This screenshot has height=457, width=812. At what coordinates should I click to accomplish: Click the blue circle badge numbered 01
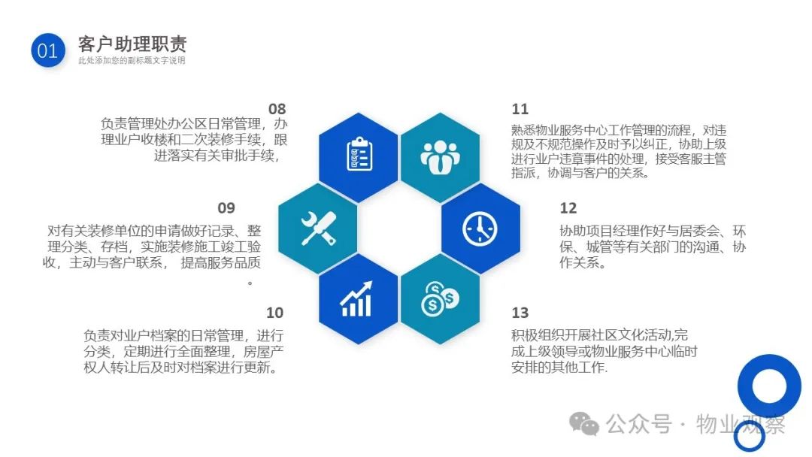tap(47, 50)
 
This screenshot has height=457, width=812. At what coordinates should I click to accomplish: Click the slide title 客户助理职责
tap(132, 44)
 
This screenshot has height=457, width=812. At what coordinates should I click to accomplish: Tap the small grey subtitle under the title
tap(132, 61)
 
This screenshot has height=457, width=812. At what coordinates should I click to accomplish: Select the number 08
tap(277, 109)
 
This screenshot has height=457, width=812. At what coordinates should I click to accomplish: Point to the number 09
tap(226, 208)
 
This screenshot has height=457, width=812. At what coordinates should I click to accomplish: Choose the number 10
tap(275, 313)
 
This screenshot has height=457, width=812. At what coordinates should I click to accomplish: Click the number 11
tap(520, 109)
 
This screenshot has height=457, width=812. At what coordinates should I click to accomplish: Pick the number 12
tap(568, 208)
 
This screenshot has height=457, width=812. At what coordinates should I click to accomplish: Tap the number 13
tap(520, 313)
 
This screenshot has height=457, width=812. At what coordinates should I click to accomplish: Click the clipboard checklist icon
tap(359, 154)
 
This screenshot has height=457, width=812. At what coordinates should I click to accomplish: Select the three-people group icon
tap(440, 157)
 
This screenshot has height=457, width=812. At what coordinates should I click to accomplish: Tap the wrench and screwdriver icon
tap(319, 228)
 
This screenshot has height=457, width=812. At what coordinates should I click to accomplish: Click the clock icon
tap(480, 228)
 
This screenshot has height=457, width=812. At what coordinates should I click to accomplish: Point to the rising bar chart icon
tap(357, 298)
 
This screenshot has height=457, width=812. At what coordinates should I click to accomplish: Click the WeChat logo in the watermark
tap(584, 423)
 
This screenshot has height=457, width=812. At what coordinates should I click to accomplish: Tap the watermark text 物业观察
tap(741, 424)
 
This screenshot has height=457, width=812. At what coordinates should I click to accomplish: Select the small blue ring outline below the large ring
tap(749, 436)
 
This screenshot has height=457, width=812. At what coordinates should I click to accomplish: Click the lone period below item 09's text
tap(250, 283)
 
